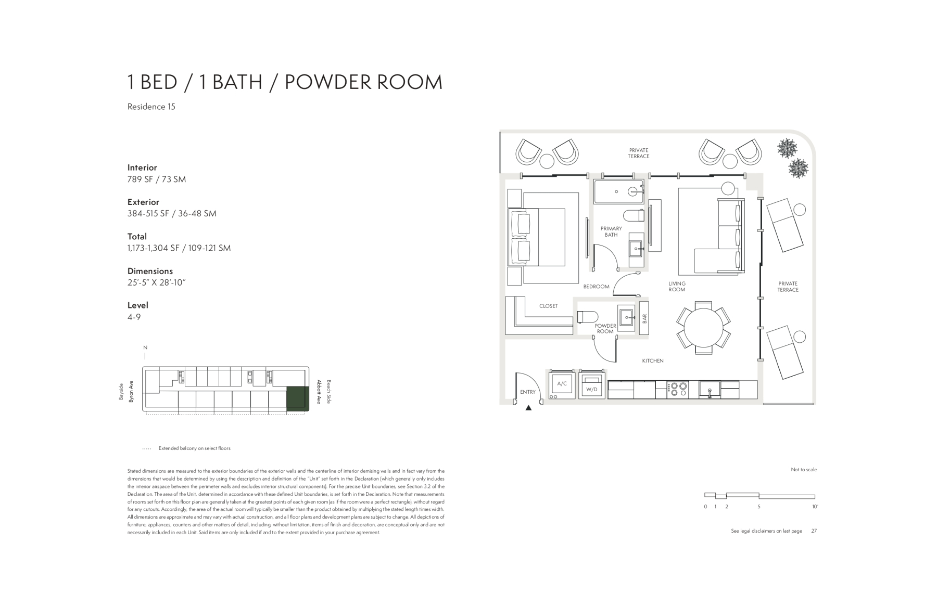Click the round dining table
click(703, 328)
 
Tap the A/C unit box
click(562, 385)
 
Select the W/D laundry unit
click(592, 385)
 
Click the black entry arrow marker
click(528, 408)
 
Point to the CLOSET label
click(549, 306)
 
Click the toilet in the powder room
click(587, 316)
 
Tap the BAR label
click(644, 318)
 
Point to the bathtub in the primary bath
click(619, 192)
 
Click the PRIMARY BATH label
click(611, 231)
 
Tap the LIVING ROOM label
click(677, 287)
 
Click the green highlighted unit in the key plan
click(297, 398)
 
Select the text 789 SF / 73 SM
click(157, 179)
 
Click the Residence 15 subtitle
click(151, 107)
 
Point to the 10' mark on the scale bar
click(815, 507)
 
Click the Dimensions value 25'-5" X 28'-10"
click(157, 283)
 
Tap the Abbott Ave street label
click(318, 392)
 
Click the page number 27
click(814, 531)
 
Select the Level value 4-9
click(134, 317)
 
